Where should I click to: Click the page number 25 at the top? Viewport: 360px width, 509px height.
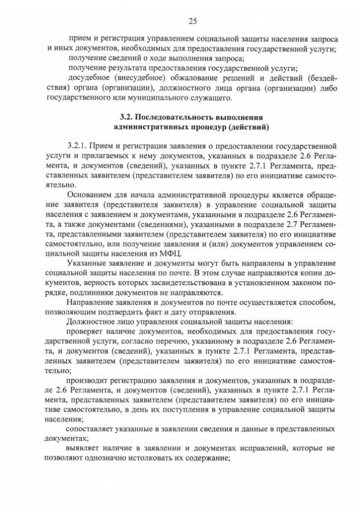pyautogui.click(x=192, y=21)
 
